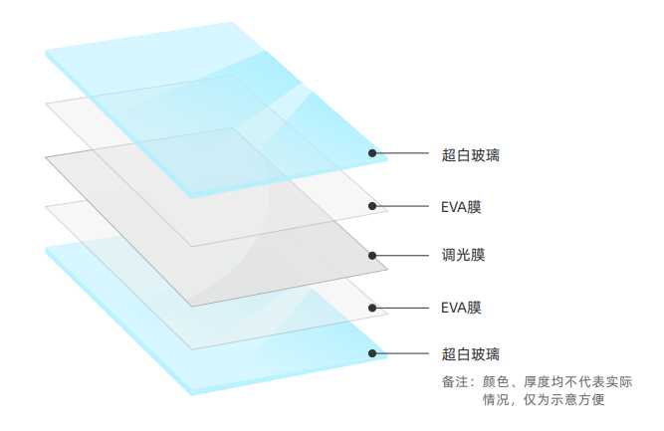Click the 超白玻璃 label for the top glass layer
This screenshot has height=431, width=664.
pos(471,155)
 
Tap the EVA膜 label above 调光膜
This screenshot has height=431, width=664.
pos(461,207)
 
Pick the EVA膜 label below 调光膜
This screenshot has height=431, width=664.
pos(461,307)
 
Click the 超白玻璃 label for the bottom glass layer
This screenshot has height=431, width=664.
pos(471,353)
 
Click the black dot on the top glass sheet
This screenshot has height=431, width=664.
pos(372,153)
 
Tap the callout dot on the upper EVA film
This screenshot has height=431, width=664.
pos(372,206)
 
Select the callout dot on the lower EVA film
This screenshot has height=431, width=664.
pos(372,307)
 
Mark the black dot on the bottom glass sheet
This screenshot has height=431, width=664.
pos(372,352)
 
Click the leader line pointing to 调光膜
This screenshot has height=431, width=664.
pos(403,256)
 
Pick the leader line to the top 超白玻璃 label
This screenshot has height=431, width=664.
pos(403,153)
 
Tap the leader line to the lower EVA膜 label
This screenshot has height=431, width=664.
pos(403,307)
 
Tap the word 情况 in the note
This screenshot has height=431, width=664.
pos(497,400)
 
